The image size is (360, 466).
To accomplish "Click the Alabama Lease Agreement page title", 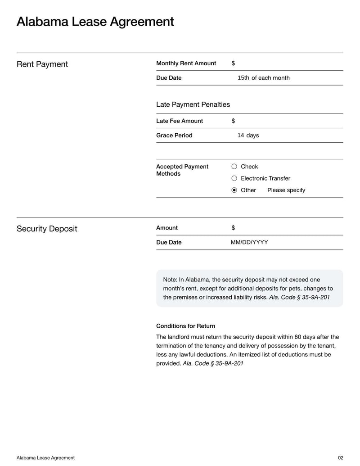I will point(95,22).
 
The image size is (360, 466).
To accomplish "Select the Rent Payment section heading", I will point(42,64).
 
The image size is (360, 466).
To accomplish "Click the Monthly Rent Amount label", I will point(186,63).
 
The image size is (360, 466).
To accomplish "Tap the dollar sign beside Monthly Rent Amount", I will point(233,63).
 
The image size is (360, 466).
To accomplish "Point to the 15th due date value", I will point(243,78).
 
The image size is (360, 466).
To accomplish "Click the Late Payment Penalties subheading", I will point(193,104).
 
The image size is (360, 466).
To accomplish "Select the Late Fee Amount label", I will point(179,121).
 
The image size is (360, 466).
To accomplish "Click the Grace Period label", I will point(174,136).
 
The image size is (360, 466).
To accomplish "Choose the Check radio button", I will point(234,167).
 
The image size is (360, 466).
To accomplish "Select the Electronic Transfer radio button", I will point(234,178).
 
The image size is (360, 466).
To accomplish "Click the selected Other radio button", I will point(234,190).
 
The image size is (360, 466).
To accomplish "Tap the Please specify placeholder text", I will point(286,190).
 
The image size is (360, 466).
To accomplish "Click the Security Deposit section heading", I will point(47,229).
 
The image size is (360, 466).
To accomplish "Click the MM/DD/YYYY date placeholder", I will point(249,242).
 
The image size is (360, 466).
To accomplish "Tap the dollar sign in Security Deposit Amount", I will point(233,228).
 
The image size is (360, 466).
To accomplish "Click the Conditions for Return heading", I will point(185,326).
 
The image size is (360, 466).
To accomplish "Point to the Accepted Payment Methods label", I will point(182,170).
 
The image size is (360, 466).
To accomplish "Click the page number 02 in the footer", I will point(340,458).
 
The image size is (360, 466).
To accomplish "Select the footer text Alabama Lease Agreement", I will point(45,458).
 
